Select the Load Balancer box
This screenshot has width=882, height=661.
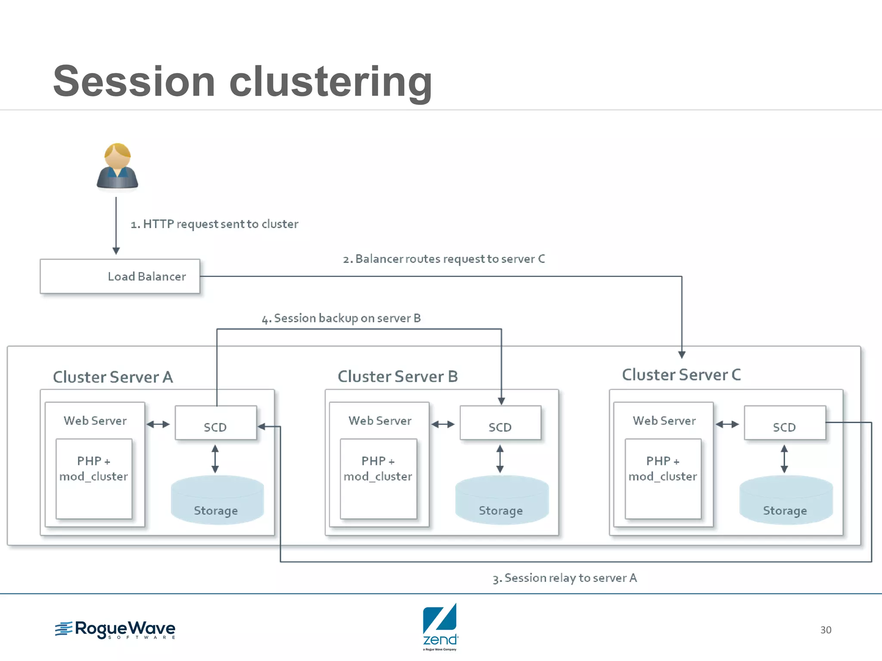pyautogui.click(x=120, y=276)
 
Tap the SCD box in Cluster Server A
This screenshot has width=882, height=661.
pyautogui.click(x=215, y=423)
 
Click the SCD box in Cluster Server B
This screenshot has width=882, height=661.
pyautogui.click(x=500, y=423)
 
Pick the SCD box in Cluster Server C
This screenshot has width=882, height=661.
pyautogui.click(x=784, y=423)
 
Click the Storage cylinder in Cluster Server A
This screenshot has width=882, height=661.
pyautogui.click(x=217, y=500)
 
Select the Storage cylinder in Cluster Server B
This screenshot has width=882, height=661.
pyautogui.click(x=502, y=500)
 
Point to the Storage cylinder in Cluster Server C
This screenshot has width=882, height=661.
pyautogui.click(x=786, y=500)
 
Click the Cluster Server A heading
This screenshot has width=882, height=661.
pyautogui.click(x=113, y=377)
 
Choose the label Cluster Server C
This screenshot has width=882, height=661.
pyautogui.click(x=681, y=375)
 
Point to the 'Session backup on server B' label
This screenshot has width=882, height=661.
pyautogui.click(x=341, y=318)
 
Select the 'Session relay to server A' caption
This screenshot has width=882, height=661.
pyautogui.click(x=565, y=578)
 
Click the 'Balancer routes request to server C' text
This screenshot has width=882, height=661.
pyautogui.click(x=444, y=259)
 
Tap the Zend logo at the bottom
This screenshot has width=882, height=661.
pyautogui.click(x=440, y=627)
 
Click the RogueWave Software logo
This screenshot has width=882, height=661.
pyautogui.click(x=115, y=630)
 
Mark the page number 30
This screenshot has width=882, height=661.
pyautogui.click(x=826, y=630)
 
